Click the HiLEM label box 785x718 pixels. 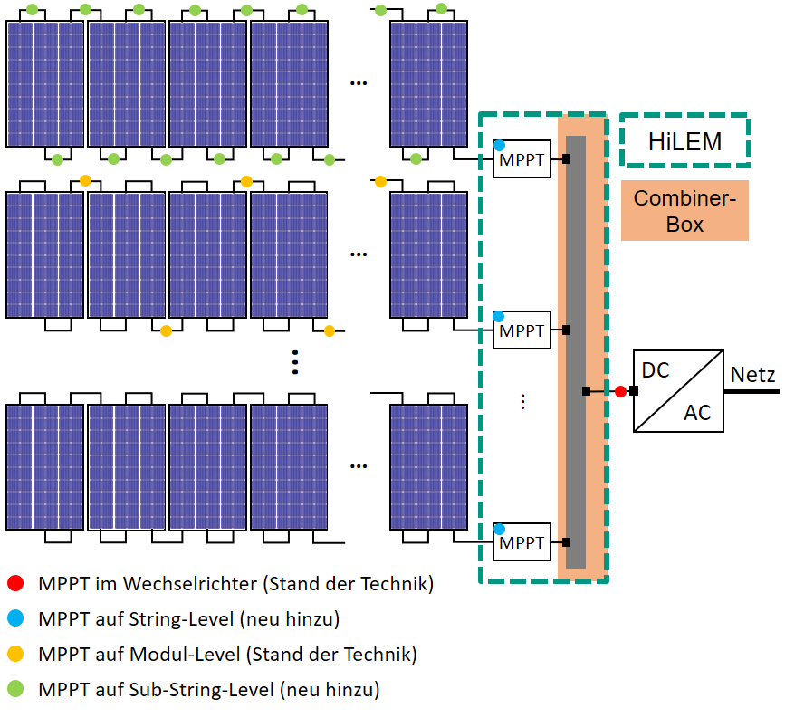pos(684,141)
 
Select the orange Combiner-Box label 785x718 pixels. pos(684,211)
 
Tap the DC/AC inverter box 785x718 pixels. pos(678,390)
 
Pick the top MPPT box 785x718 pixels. pos(522,160)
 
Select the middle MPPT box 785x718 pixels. pos(522,331)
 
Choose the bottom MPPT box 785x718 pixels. pos(522,542)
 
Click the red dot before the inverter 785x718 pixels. pos(620,391)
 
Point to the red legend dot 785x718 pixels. pos(15,584)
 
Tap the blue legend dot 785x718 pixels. pos(15,619)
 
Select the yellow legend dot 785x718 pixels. pos(15,654)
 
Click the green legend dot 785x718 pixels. pos(15,689)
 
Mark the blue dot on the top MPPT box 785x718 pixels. pos(499,146)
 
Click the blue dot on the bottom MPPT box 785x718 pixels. pos(499,529)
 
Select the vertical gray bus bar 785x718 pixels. pos(576,352)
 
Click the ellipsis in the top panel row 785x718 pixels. pos(359,83)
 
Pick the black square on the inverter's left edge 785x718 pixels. pos(634,391)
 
